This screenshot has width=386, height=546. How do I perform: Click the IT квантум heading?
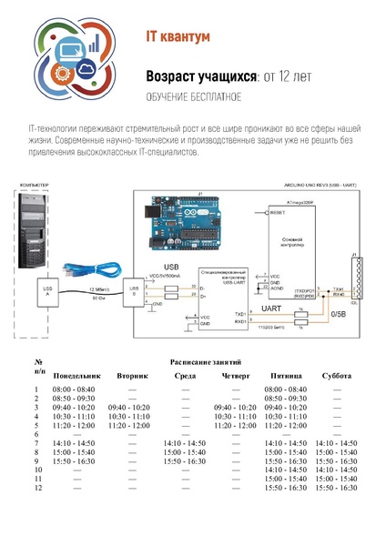tap(178, 37)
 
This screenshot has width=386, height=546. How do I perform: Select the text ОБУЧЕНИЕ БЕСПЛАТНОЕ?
tap(194, 96)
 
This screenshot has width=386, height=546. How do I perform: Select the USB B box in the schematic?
tap(135, 293)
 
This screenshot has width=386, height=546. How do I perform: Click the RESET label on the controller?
tap(279, 212)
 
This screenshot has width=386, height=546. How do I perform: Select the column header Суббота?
tap(337, 375)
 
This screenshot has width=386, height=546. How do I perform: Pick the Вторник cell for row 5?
tap(128, 425)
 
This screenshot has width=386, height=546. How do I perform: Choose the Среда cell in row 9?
tap(184, 461)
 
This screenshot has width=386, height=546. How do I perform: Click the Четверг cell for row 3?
tap(235, 407)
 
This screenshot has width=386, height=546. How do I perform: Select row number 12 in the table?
tap(38, 488)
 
